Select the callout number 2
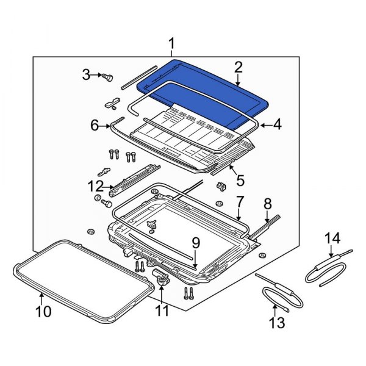(x=238, y=67)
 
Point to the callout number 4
(x=277, y=125)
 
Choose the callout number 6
(x=95, y=126)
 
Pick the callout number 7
(x=240, y=201)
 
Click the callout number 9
(x=195, y=243)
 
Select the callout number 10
(x=43, y=312)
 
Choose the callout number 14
(x=330, y=237)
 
